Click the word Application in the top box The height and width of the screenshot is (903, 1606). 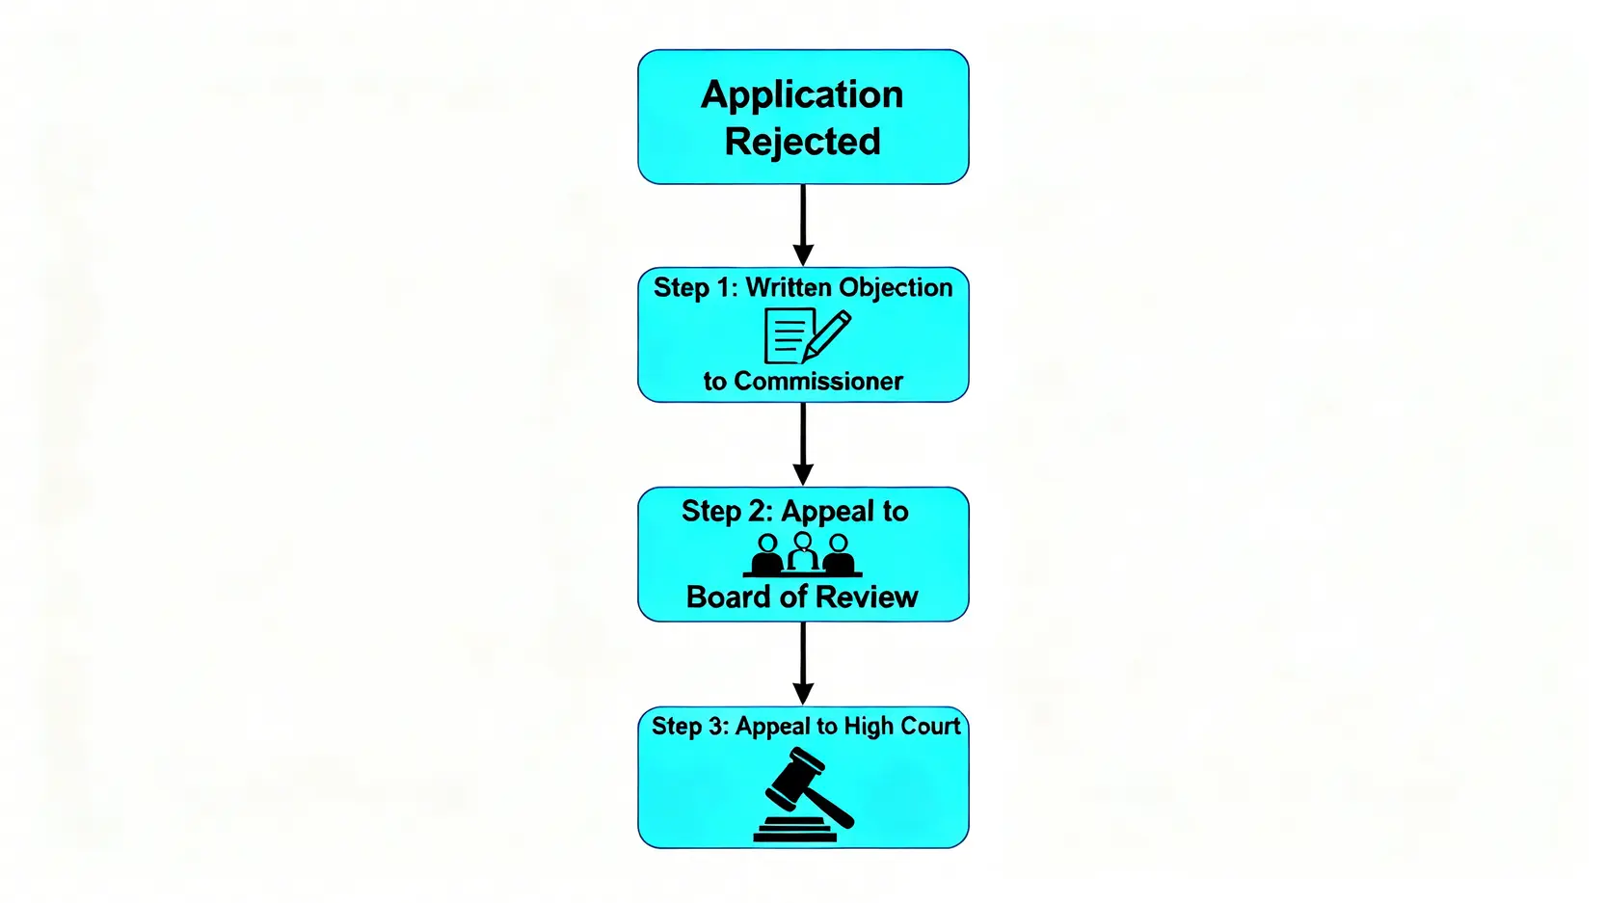(802, 95)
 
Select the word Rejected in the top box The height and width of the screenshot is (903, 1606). (802, 142)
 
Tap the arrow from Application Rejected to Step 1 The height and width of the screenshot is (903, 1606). (803, 225)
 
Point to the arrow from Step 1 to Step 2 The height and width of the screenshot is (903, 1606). (803, 443)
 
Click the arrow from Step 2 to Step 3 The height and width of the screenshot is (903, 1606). (803, 663)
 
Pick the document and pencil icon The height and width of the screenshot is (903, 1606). (806, 335)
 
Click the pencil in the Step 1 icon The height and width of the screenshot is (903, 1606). (828, 333)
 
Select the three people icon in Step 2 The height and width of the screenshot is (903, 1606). (802, 554)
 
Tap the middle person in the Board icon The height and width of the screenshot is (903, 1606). (802, 552)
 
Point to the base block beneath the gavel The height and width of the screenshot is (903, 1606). (795, 830)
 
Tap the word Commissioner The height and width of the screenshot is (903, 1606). (818, 382)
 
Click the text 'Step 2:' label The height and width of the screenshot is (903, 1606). (727, 511)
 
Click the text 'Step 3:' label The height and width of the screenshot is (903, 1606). (690, 726)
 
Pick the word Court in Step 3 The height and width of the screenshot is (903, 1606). (930, 726)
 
